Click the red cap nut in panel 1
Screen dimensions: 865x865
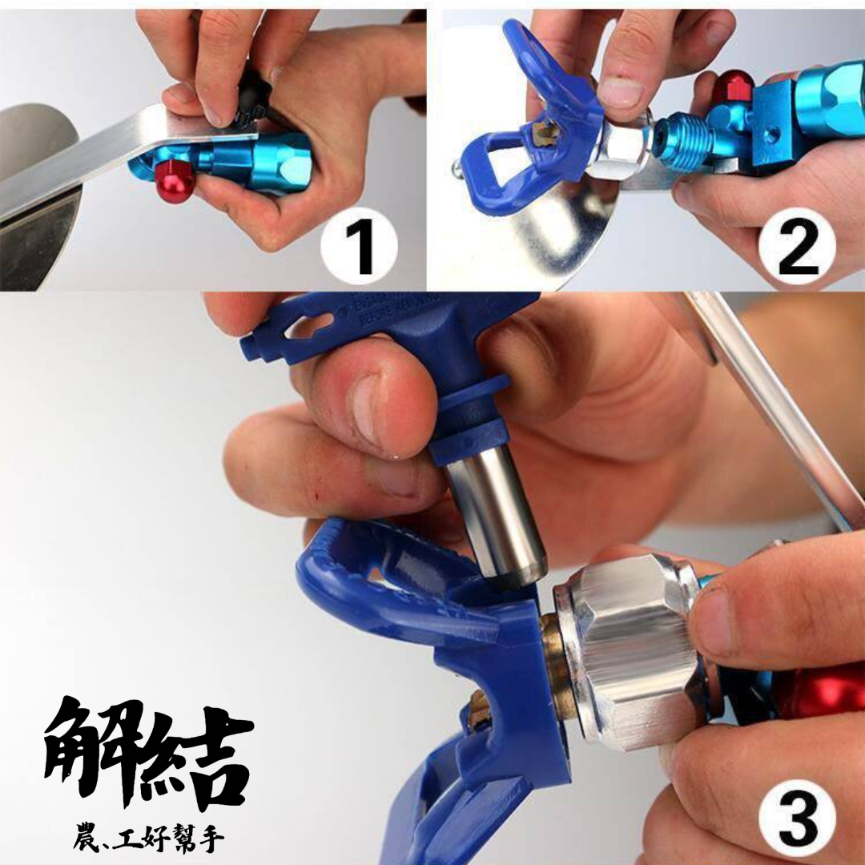pyautogui.click(x=175, y=182)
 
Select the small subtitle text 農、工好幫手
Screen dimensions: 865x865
pyautogui.click(x=148, y=839)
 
